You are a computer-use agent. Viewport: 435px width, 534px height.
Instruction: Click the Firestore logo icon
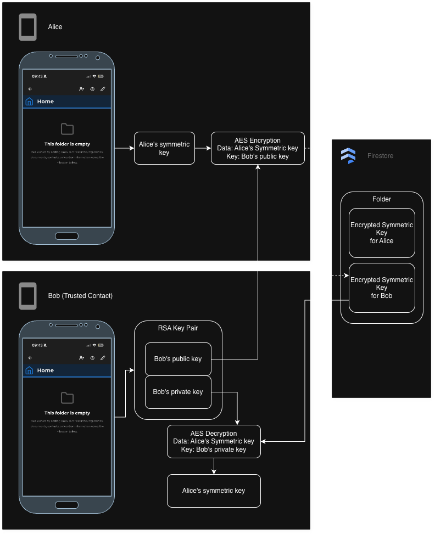[x=348, y=156]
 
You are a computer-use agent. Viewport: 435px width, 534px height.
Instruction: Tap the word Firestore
[x=380, y=156]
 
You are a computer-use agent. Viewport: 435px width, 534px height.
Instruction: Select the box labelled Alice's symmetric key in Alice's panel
[x=164, y=148]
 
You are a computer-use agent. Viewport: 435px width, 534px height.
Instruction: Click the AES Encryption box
[x=258, y=148]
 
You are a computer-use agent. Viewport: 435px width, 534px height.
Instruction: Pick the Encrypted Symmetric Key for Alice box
[x=382, y=233]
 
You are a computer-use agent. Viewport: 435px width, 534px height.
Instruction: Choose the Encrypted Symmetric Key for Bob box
[x=382, y=288]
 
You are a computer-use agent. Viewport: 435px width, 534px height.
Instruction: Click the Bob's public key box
[x=178, y=359]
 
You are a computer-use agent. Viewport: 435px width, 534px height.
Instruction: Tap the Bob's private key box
[x=178, y=392]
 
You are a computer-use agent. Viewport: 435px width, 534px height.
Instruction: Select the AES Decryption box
[x=214, y=441]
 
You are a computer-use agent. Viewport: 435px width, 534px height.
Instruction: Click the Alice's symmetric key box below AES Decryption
[x=214, y=491]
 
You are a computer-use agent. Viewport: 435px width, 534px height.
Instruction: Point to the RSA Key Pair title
[x=178, y=328]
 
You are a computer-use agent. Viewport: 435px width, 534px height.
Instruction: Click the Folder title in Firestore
[x=382, y=199]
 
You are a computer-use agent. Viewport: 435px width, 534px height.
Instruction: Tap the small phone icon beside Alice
[x=28, y=27]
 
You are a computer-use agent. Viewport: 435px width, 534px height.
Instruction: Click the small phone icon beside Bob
[x=28, y=296]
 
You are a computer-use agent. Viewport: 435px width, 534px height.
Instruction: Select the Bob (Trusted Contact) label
[x=80, y=296]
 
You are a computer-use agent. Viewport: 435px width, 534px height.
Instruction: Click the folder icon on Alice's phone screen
[x=67, y=129]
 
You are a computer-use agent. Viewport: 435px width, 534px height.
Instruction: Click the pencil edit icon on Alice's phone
[x=103, y=89]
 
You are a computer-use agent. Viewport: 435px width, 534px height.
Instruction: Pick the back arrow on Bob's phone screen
[x=30, y=358]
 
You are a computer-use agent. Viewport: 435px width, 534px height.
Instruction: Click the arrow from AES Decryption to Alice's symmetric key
[x=214, y=466]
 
